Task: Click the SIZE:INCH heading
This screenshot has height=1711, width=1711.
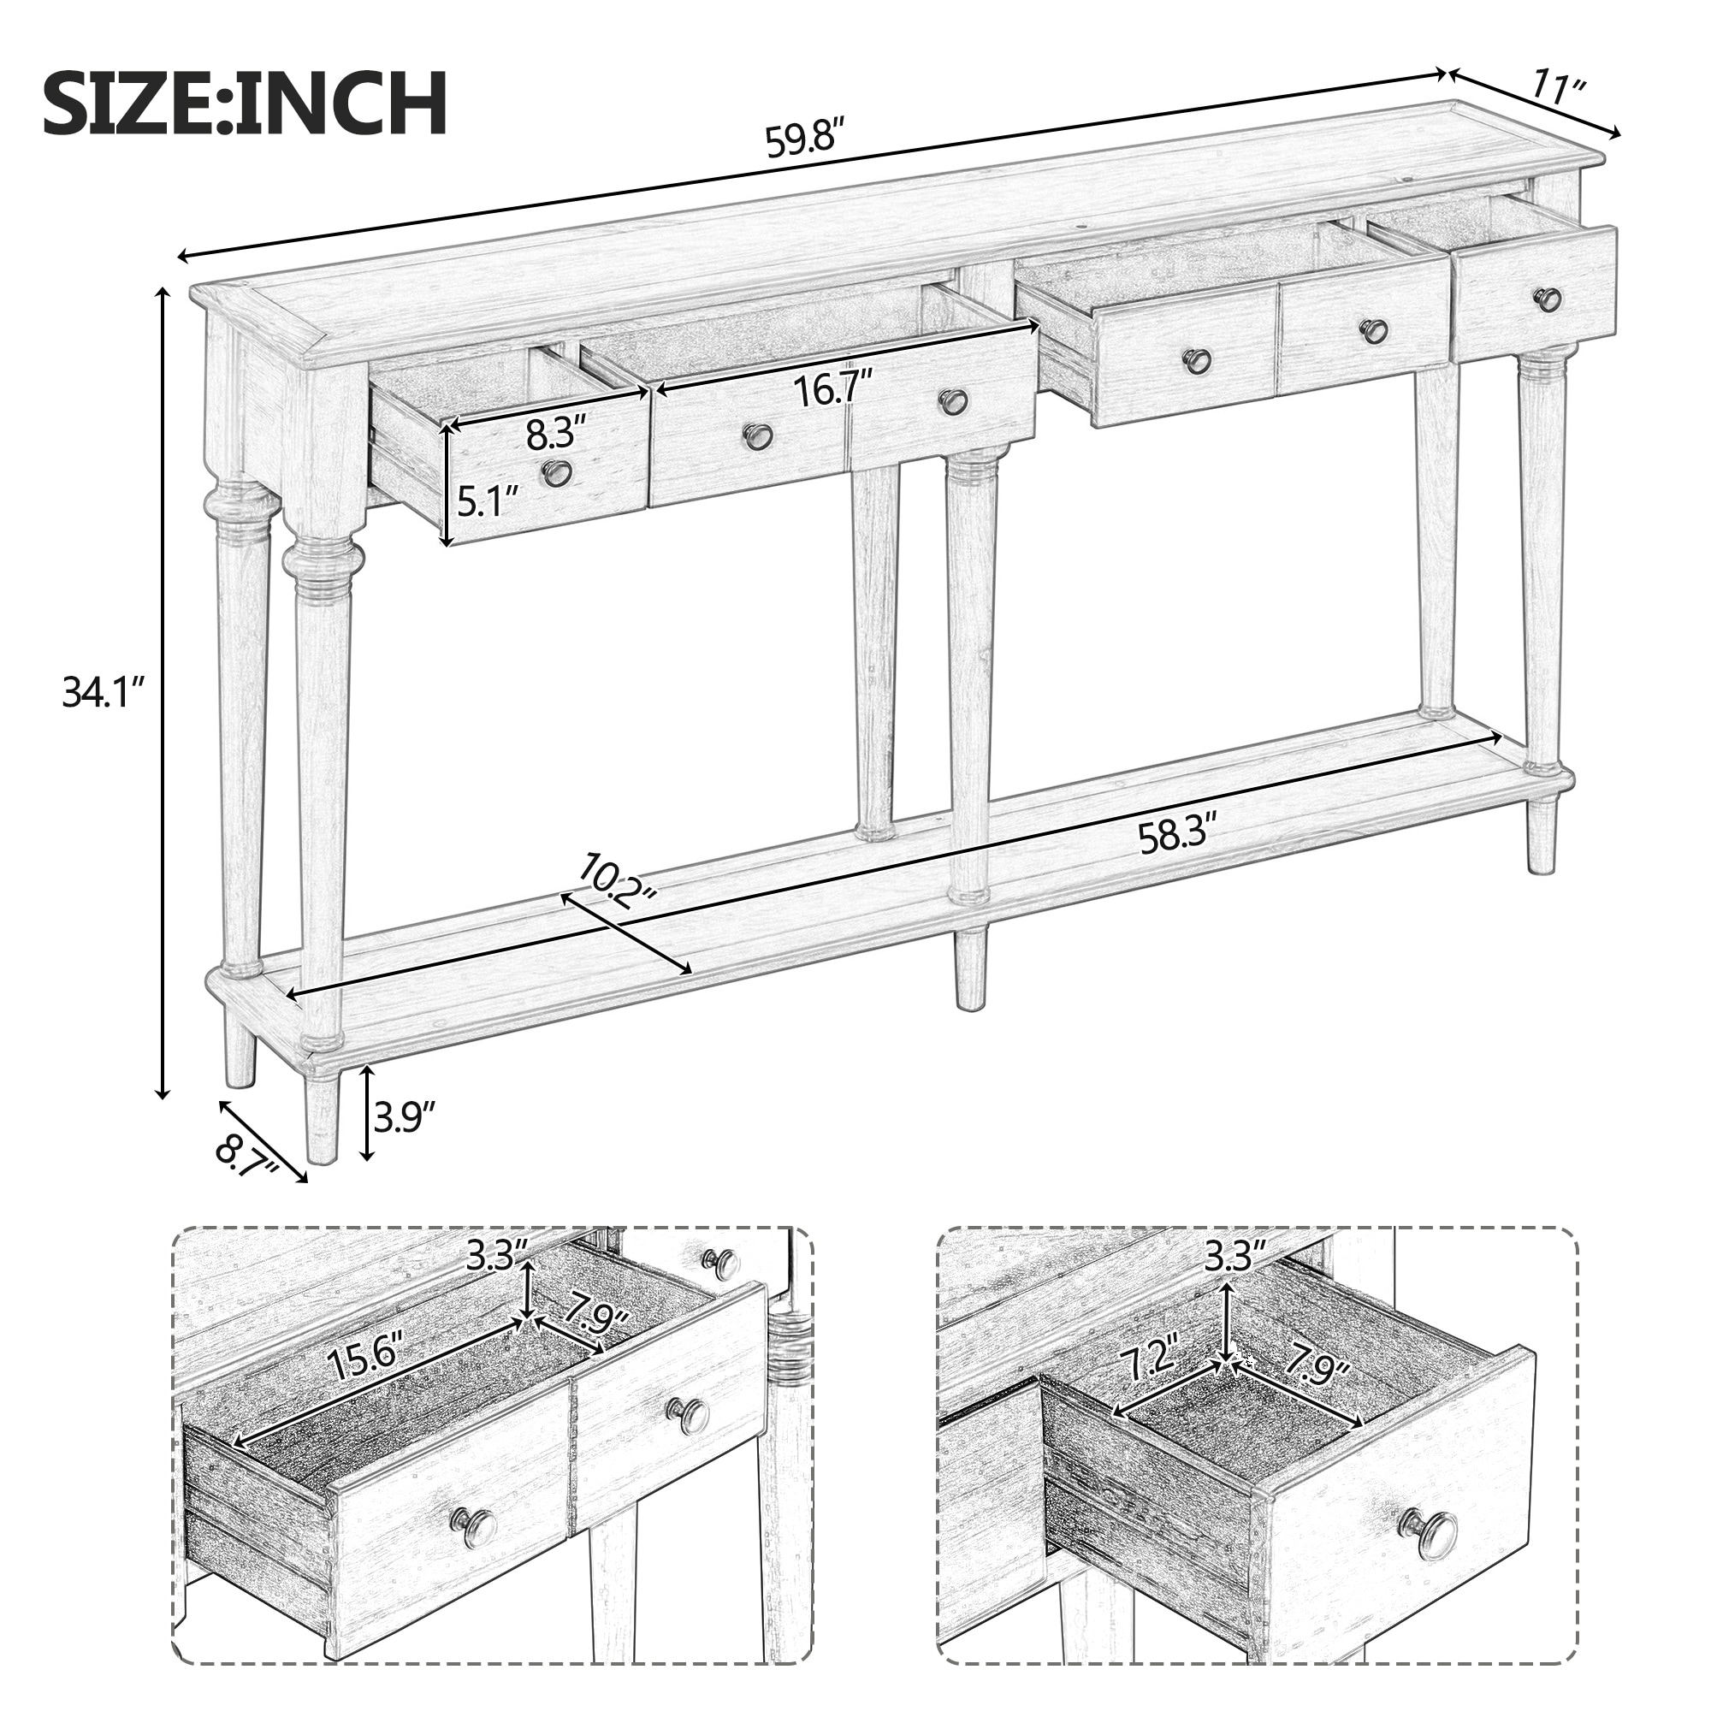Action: (x=245, y=104)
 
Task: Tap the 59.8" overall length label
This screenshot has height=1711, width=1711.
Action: (x=801, y=140)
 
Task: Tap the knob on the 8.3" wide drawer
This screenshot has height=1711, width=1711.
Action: (x=556, y=473)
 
